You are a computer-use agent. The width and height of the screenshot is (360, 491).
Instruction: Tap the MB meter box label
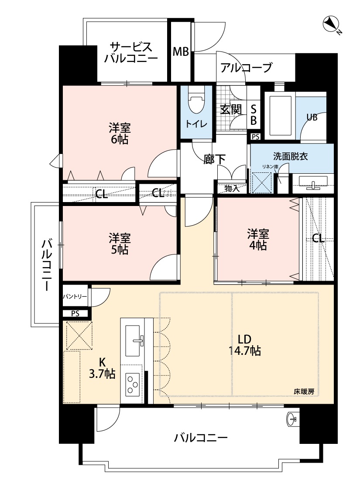(x=181, y=52)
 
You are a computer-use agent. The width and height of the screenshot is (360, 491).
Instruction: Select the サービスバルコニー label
(x=131, y=53)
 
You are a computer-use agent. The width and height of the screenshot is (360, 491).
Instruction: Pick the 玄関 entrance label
(x=231, y=109)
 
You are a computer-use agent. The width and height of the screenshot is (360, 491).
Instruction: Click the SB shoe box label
(x=254, y=115)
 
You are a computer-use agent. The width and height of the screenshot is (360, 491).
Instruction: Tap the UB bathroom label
(x=312, y=117)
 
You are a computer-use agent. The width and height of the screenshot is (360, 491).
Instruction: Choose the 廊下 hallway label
(x=214, y=159)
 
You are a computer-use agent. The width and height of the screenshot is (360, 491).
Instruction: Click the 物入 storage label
(x=232, y=189)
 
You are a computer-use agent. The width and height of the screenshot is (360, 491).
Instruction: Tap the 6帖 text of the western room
(x=120, y=139)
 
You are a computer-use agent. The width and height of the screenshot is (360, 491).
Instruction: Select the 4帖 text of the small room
(x=258, y=245)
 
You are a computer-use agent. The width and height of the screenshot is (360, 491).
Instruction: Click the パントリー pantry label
(x=75, y=296)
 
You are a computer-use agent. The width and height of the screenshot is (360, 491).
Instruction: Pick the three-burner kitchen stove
(x=133, y=384)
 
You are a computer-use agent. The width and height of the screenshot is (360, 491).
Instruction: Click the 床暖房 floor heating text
(x=304, y=391)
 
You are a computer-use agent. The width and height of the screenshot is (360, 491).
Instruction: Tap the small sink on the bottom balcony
(x=291, y=419)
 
